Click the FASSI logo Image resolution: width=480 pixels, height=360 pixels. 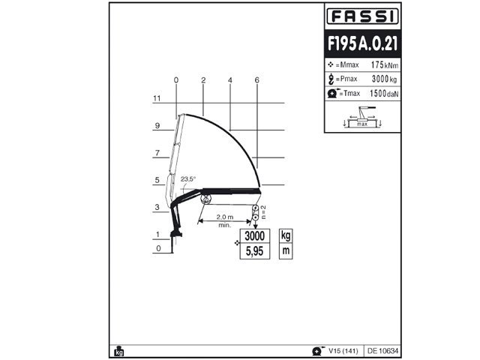click(363, 16)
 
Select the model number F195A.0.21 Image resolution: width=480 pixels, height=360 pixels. click(363, 43)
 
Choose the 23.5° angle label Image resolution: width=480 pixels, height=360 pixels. click(187, 178)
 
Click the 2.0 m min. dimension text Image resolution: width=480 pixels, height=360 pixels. click(224, 220)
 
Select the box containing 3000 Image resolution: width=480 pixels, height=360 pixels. click(255, 235)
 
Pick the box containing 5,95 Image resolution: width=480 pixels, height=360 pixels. click(255, 251)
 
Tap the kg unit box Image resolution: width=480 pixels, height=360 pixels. click(285, 235)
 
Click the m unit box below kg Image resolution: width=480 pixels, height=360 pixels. click(285, 251)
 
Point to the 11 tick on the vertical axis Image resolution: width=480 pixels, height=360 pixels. click(157, 98)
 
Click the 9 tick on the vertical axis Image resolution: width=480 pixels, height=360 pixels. click(157, 126)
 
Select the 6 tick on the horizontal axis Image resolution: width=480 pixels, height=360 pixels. click(256, 79)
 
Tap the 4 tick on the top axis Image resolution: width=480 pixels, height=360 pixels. click(230, 79)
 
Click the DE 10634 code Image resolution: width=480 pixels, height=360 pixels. click(382, 350)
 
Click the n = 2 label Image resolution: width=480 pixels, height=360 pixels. click(264, 211)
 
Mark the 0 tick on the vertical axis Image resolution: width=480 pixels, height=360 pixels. click(157, 248)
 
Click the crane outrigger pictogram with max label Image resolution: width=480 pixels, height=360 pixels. click(363, 117)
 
